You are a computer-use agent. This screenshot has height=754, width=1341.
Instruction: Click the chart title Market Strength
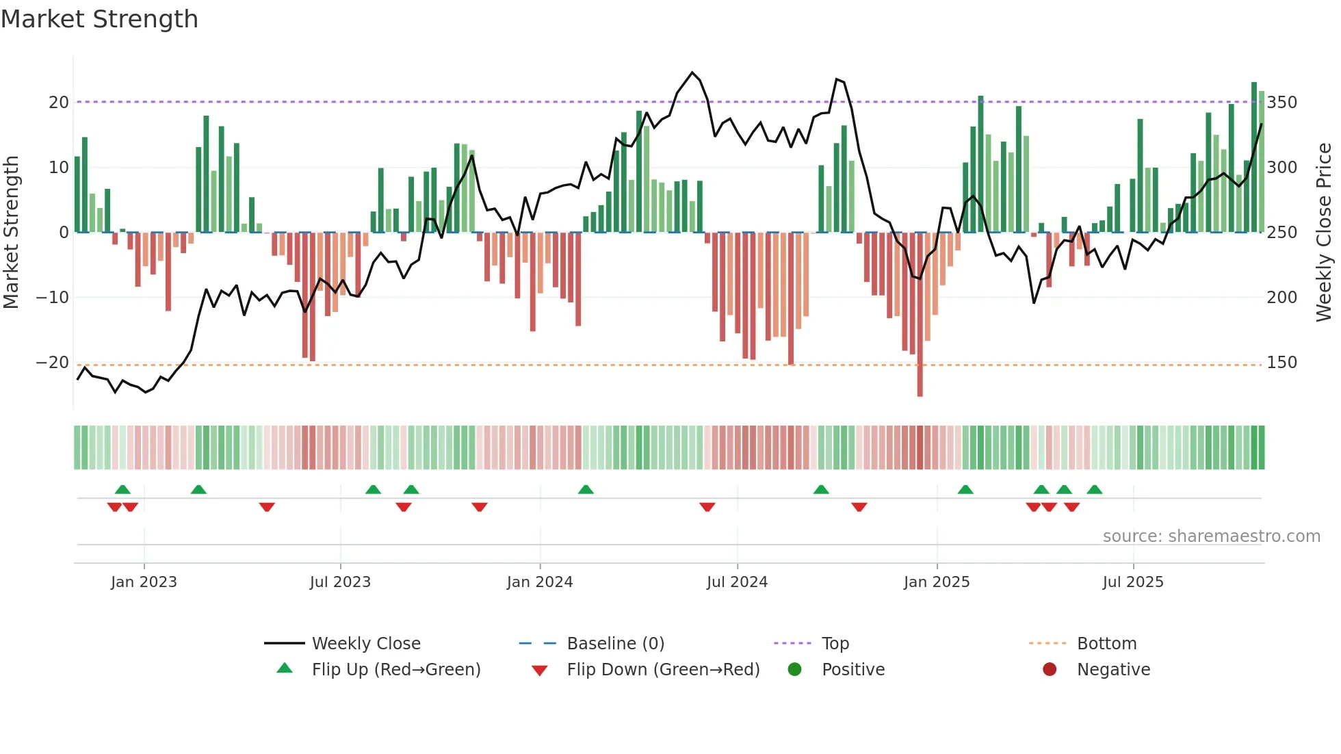pyautogui.click(x=99, y=19)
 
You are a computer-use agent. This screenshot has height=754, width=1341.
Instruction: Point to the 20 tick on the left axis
pyautogui.click(x=59, y=103)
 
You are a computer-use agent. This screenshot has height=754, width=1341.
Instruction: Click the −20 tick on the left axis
pyautogui.click(x=53, y=363)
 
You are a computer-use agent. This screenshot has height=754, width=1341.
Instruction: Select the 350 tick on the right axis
pyautogui.click(x=1281, y=103)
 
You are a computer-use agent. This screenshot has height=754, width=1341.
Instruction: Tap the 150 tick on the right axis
pyautogui.click(x=1281, y=363)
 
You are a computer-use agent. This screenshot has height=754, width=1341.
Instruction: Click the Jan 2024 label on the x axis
pyautogui.click(x=540, y=582)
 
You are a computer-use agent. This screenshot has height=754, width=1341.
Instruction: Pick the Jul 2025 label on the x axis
pyautogui.click(x=1133, y=582)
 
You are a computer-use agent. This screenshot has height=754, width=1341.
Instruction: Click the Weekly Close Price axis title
pyautogui.click(x=1324, y=232)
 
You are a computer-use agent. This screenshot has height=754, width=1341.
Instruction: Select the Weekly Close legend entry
pyautogui.click(x=366, y=644)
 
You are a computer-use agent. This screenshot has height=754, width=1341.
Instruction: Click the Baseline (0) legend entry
pyautogui.click(x=615, y=644)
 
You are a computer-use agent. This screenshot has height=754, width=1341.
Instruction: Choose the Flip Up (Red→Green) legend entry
pyautogui.click(x=395, y=670)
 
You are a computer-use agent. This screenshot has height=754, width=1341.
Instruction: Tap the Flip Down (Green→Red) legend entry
pyautogui.click(x=663, y=670)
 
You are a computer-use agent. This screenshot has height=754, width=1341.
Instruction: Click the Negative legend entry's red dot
pyautogui.click(x=1050, y=669)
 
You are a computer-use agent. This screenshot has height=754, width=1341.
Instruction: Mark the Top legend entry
pyautogui.click(x=835, y=644)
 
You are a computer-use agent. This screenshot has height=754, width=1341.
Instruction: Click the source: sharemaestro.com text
pyautogui.click(x=1211, y=536)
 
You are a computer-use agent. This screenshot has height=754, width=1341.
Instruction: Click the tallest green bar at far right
pyautogui.click(x=1254, y=157)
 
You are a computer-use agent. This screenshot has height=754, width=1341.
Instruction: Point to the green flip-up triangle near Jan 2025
pyautogui.click(x=965, y=490)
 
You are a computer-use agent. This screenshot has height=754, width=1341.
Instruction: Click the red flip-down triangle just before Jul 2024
pyautogui.click(x=707, y=507)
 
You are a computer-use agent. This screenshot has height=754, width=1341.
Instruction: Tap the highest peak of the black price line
pyautogui.click(x=692, y=73)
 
